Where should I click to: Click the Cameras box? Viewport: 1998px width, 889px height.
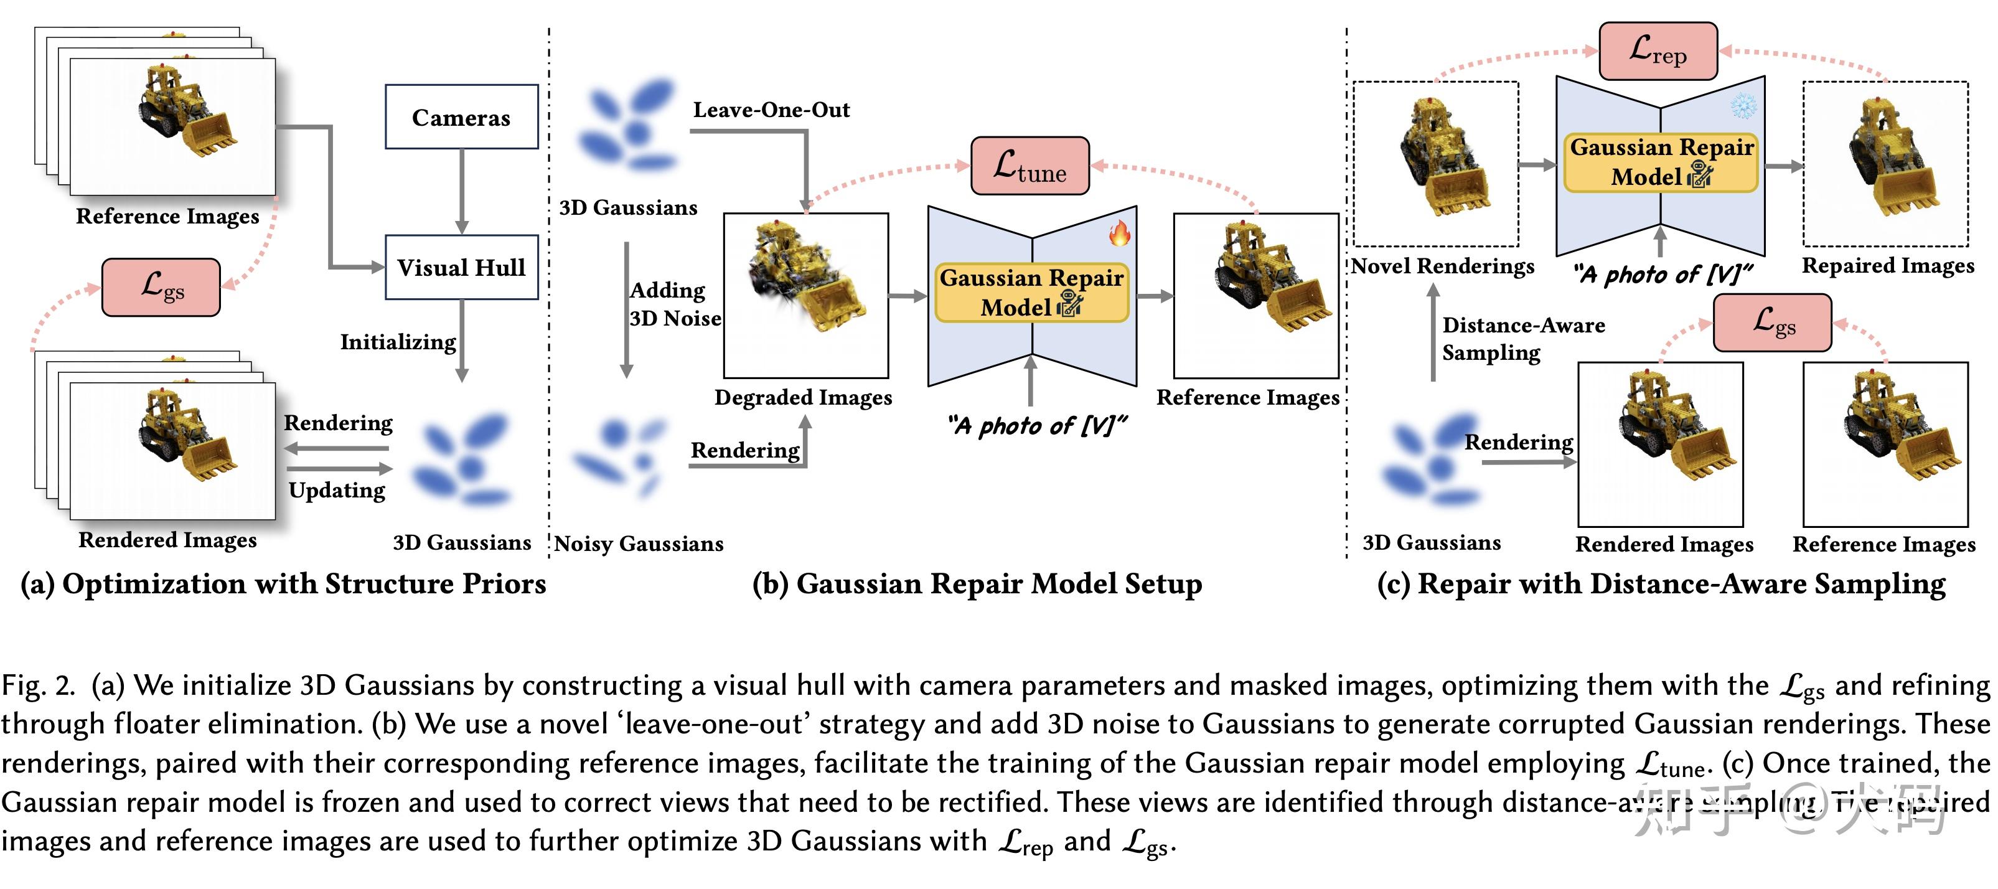[x=461, y=117]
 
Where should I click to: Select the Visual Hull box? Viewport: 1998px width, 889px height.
[x=461, y=268]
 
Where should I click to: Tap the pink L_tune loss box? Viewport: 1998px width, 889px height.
[x=1030, y=166]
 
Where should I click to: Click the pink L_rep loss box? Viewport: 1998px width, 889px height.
[x=1658, y=51]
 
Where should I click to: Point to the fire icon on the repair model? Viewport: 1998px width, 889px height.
[x=1119, y=232]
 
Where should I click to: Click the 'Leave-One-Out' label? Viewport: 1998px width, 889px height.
[x=771, y=110]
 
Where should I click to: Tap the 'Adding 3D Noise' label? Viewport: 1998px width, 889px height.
[x=673, y=304]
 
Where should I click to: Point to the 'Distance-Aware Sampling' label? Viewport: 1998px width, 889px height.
[x=1522, y=338]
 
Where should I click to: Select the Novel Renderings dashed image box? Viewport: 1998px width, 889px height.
[x=1436, y=164]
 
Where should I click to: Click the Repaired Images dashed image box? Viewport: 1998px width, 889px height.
[x=1885, y=164]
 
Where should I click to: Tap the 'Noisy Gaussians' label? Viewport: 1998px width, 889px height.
[x=639, y=543]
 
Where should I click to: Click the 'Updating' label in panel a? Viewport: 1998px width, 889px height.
[x=337, y=491]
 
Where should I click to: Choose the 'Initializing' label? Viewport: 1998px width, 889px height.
[x=398, y=342]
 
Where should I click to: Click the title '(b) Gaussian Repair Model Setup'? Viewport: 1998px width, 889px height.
[x=977, y=584]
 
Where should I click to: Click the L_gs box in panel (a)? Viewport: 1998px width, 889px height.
[x=161, y=287]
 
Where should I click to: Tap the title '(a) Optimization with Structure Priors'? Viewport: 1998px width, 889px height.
[x=283, y=584]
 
